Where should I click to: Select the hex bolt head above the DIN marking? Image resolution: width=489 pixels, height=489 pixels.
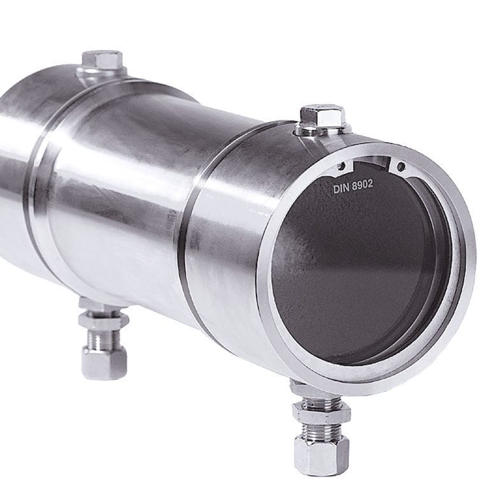coord(323,117)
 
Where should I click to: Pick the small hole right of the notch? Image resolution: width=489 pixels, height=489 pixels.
coord(400,167)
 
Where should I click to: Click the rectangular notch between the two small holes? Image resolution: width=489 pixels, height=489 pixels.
coord(373,163)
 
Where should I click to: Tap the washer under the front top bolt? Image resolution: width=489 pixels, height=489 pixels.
coord(323,131)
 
